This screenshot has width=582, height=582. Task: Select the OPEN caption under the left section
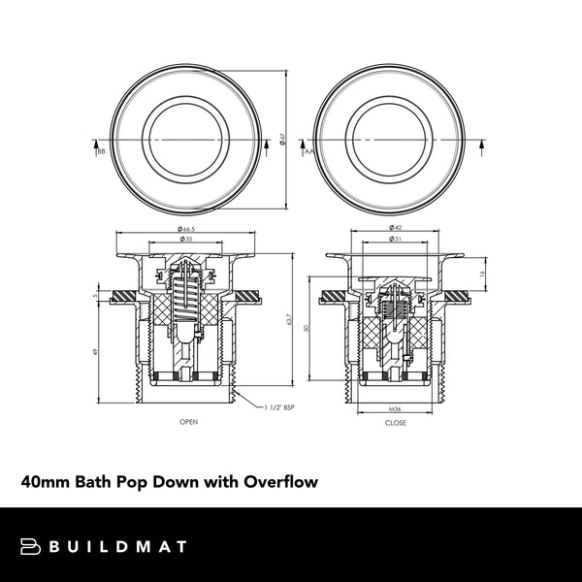[x=188, y=423]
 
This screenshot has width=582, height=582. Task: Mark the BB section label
[x=101, y=151]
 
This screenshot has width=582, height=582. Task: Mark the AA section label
[x=307, y=151]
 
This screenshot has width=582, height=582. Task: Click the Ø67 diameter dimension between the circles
[x=282, y=140]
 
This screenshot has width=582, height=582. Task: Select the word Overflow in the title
[x=280, y=481]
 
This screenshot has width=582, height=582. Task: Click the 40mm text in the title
[x=44, y=481]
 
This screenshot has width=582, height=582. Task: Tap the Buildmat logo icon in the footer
[x=31, y=546]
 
